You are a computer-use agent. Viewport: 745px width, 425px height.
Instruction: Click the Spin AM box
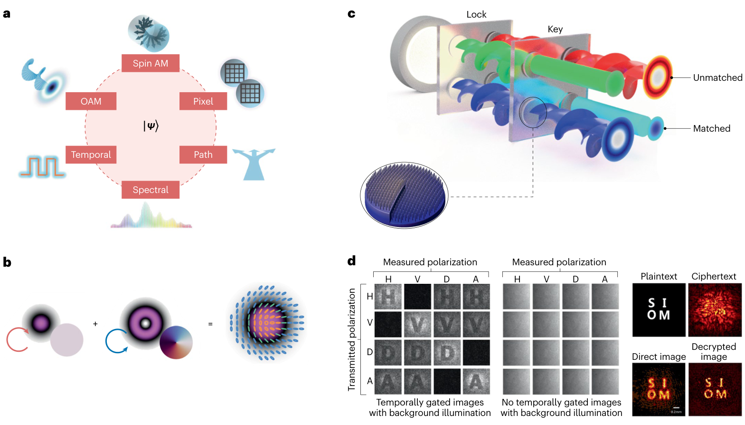click(151, 63)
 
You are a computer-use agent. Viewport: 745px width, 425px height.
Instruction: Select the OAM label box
click(91, 101)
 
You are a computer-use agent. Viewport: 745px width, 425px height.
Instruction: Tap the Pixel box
click(203, 101)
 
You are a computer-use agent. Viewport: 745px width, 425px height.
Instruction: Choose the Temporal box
click(91, 155)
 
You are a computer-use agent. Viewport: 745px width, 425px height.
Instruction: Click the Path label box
click(203, 155)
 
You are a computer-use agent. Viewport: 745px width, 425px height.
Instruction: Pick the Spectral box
click(151, 190)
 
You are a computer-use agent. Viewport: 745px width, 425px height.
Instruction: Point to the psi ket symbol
click(151, 126)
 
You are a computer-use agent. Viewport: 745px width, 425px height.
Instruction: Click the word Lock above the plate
click(476, 14)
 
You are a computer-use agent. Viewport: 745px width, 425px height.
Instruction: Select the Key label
click(555, 29)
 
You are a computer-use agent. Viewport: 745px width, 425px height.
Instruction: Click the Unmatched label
click(717, 77)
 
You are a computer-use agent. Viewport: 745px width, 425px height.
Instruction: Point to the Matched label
click(711, 128)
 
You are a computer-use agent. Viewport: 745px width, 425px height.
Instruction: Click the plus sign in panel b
click(95, 324)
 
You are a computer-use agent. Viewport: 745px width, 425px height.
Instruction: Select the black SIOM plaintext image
click(659, 310)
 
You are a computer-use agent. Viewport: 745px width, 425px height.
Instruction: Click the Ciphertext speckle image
click(715, 310)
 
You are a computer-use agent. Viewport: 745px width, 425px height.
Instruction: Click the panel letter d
click(351, 261)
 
